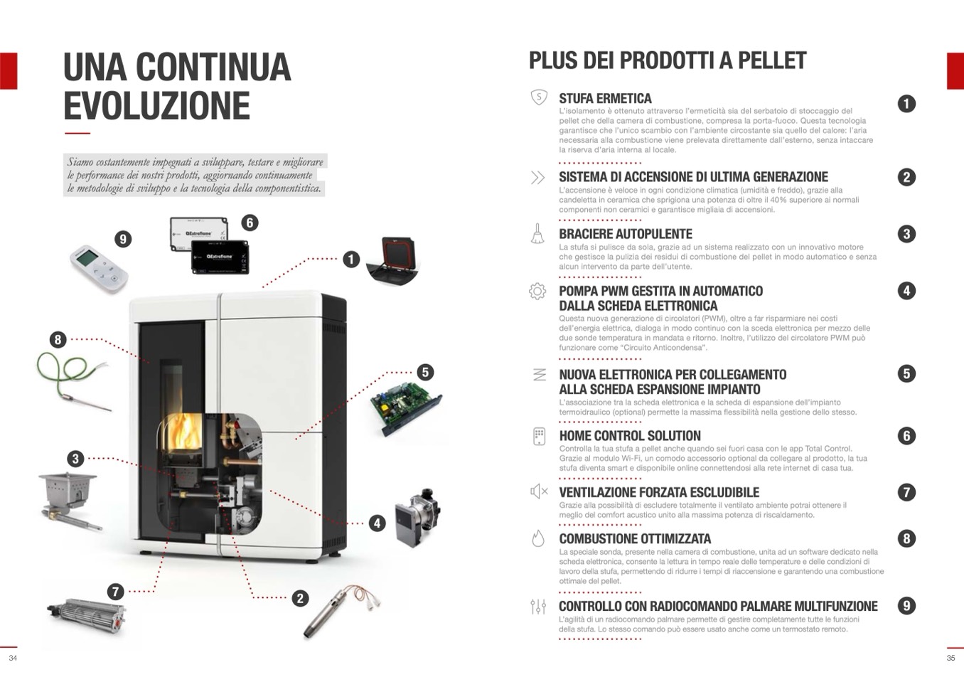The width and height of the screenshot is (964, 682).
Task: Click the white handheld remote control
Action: coord(100,268)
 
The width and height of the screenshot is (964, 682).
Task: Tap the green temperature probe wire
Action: coord(71,377)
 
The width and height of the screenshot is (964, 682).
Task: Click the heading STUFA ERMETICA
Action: coord(605,99)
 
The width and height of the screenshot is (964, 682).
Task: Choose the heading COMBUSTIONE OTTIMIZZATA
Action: coord(635,539)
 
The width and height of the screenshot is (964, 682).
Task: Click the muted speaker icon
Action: coord(539,491)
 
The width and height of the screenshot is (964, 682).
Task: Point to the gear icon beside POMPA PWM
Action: coord(537,291)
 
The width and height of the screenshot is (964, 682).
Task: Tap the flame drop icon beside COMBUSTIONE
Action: coord(538,538)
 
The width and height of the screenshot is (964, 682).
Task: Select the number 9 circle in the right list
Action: coord(906,606)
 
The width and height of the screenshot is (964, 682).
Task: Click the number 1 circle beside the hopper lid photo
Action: coord(351,260)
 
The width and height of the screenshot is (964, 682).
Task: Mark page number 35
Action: coord(950,658)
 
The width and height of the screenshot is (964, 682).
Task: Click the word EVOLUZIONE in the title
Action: coord(156,105)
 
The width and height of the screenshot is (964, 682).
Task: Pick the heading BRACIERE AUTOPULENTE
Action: coord(626,234)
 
